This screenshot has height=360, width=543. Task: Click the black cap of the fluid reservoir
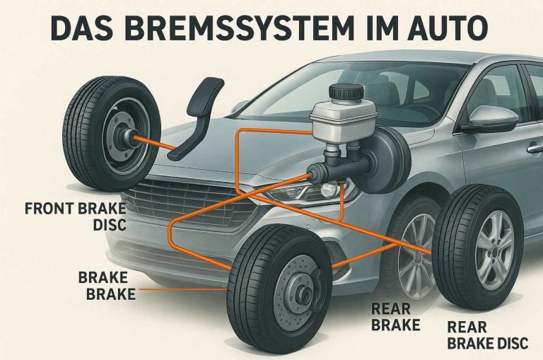347,93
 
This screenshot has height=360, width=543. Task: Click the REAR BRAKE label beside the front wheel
396,318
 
